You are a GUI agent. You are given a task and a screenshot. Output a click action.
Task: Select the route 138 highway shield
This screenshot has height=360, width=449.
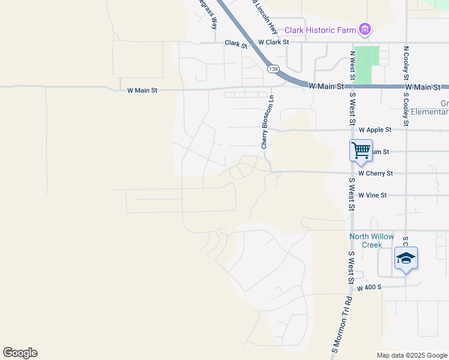pos(274,70)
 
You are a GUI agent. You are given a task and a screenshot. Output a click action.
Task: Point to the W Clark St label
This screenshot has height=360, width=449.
pos(273,43)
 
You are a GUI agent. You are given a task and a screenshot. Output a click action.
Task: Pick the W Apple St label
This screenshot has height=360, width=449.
pos(375,130)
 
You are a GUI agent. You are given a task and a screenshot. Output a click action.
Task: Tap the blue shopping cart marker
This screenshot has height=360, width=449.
pos(361,150)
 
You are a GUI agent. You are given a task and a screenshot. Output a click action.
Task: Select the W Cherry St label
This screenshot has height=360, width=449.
pos(375,173)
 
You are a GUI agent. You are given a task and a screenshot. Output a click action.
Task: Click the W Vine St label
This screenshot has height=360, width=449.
pos(373,195)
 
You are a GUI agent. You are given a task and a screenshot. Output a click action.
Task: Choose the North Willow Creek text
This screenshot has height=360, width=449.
pos(372,240)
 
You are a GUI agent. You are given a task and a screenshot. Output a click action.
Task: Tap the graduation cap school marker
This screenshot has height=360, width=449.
pos(406,259)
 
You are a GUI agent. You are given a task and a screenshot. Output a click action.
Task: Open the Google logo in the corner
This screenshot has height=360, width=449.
pos(20,353)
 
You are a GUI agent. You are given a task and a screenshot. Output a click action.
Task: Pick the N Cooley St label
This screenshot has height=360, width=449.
pos(406,64)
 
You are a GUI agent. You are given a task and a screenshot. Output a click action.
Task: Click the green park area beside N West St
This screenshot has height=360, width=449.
pos(366,64)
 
